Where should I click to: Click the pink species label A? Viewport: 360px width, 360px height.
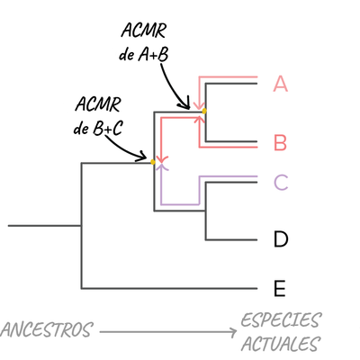pos(280,85)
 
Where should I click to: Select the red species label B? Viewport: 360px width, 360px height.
pos(280,142)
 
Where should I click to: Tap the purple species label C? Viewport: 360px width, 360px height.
pos(281,182)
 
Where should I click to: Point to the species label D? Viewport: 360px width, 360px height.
pos(280,239)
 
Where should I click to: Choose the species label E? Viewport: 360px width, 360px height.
pos(280,289)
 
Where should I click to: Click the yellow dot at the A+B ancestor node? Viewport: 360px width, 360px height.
pos(204,111)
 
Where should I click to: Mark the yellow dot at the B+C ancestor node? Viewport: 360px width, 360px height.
pos(155,162)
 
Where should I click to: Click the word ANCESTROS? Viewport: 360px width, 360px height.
pos(46,330)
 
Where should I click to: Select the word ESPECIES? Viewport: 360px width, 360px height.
pos(281,320)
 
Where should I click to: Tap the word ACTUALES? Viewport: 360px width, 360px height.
pos(280,343)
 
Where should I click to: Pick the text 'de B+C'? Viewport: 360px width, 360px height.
pos(98,129)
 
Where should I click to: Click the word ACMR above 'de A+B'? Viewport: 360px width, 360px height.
pos(143,31)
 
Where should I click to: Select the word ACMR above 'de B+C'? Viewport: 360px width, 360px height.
pos(98,106)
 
